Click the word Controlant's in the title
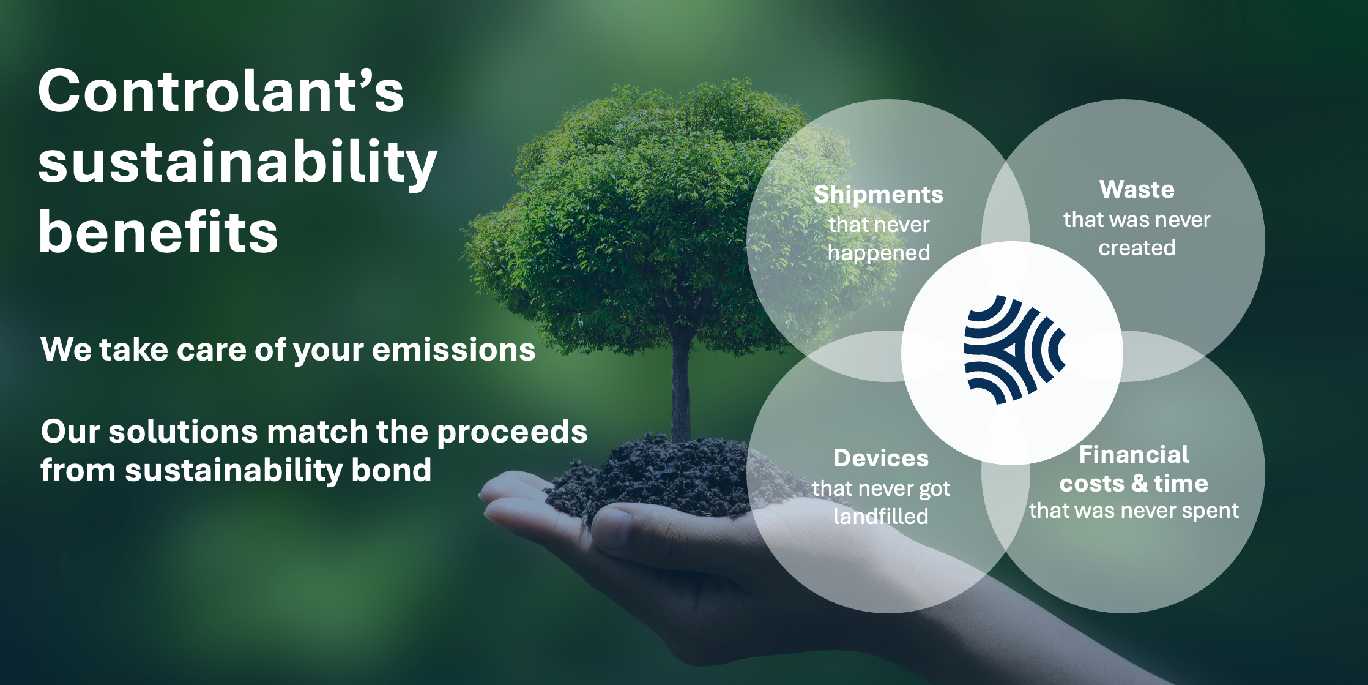221,92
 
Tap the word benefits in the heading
158,233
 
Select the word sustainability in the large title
237,162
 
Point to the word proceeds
512,432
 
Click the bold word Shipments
879,195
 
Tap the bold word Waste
1137,190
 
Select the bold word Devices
881,459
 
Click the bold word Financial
1134,455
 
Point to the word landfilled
881,517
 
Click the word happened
879,253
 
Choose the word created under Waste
1137,248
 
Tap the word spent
1210,511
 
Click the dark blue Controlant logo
1013,351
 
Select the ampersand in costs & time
1139,484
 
